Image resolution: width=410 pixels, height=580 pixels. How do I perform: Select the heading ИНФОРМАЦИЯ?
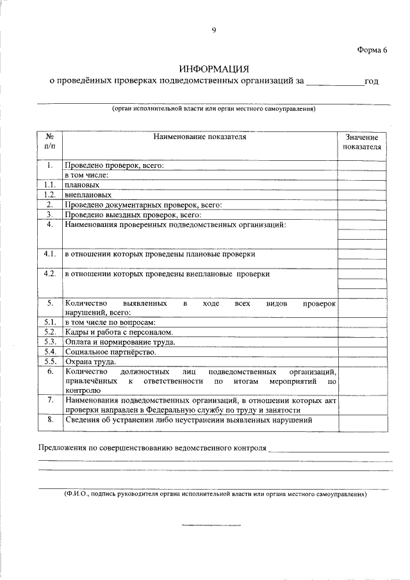[213, 69]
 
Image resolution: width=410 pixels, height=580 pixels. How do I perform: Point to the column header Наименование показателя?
[199, 137]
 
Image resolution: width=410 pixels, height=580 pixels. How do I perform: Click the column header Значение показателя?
[362, 142]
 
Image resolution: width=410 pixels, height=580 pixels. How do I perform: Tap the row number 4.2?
[49, 274]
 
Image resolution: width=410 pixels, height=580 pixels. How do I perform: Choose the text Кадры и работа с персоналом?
[119, 332]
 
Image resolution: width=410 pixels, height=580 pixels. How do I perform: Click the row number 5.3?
[49, 342]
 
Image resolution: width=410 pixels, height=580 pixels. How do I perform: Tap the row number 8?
[49, 420]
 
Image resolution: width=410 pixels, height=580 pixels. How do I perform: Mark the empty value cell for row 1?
[362, 165]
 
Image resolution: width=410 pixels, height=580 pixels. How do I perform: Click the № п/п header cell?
[49, 142]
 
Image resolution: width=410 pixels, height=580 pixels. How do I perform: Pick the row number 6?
[49, 372]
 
